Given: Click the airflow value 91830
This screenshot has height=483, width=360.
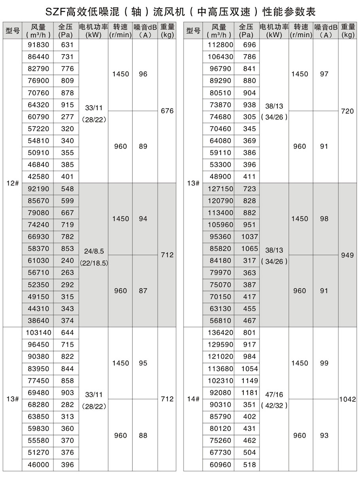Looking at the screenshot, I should pyautogui.click(x=38, y=45).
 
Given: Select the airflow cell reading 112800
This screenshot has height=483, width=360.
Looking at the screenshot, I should pyautogui.click(x=220, y=45).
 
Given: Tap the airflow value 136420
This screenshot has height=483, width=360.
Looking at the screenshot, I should pyautogui.click(x=220, y=333).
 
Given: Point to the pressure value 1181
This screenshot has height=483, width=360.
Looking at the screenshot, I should pyautogui.click(x=250, y=393).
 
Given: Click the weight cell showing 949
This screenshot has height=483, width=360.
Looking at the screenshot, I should pyautogui.click(x=347, y=255).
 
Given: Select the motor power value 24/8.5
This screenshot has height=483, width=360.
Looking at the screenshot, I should pyautogui.click(x=93, y=251).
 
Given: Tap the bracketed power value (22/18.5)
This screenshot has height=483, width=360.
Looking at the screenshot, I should pyautogui.click(x=94, y=263).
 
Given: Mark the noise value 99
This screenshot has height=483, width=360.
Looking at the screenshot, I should pyautogui.click(x=324, y=363).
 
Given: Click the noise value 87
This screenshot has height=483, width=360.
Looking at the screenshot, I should pyautogui.click(x=143, y=291).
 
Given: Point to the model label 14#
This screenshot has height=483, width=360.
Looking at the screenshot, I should pyautogui.click(x=193, y=399).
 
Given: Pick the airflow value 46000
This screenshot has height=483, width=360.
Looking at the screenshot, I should pyautogui.click(x=38, y=465).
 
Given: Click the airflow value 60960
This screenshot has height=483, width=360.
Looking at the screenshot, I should pyautogui.click(x=220, y=465).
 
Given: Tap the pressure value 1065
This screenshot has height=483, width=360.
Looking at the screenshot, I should pyautogui.click(x=250, y=249).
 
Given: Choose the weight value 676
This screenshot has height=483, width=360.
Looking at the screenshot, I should pyautogui.click(x=167, y=111).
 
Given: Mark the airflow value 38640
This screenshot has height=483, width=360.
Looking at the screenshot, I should pyautogui.click(x=38, y=321).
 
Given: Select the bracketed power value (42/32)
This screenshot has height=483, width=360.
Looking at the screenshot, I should pyautogui.click(x=274, y=406).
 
